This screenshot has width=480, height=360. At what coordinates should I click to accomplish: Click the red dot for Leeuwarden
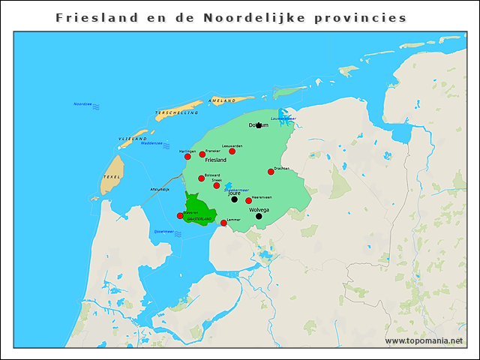click(x=232, y=151)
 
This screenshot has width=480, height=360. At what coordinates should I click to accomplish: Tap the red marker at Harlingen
click(x=187, y=157)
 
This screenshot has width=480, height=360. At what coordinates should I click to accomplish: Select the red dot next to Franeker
click(x=202, y=154)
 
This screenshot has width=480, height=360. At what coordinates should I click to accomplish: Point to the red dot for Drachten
click(x=271, y=172)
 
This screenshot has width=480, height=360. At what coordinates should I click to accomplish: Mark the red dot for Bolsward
click(x=202, y=178)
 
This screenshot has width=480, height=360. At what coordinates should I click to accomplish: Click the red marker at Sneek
click(x=217, y=185)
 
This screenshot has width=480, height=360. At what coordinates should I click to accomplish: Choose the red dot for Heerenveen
click(x=249, y=200)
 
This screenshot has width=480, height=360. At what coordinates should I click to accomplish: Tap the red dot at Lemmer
click(x=223, y=223)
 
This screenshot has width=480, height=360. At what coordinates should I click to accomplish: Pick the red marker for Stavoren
click(x=180, y=216)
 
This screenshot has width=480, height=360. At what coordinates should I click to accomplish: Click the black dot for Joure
click(x=235, y=199)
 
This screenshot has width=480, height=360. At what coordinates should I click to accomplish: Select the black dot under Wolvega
click(x=259, y=216)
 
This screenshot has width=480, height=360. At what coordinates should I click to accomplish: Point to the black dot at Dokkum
click(x=259, y=125)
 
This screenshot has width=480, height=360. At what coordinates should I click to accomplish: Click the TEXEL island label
click(x=112, y=177)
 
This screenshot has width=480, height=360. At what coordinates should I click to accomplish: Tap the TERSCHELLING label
click(x=177, y=112)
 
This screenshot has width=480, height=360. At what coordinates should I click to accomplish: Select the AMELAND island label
click(x=222, y=100)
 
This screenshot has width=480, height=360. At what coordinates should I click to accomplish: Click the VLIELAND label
click(x=132, y=139)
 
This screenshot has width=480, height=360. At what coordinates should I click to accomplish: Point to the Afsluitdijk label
click(x=160, y=189)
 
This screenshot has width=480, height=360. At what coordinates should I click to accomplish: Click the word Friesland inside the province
click(x=215, y=160)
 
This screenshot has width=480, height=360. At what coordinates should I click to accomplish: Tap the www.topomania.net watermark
click(x=424, y=341)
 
